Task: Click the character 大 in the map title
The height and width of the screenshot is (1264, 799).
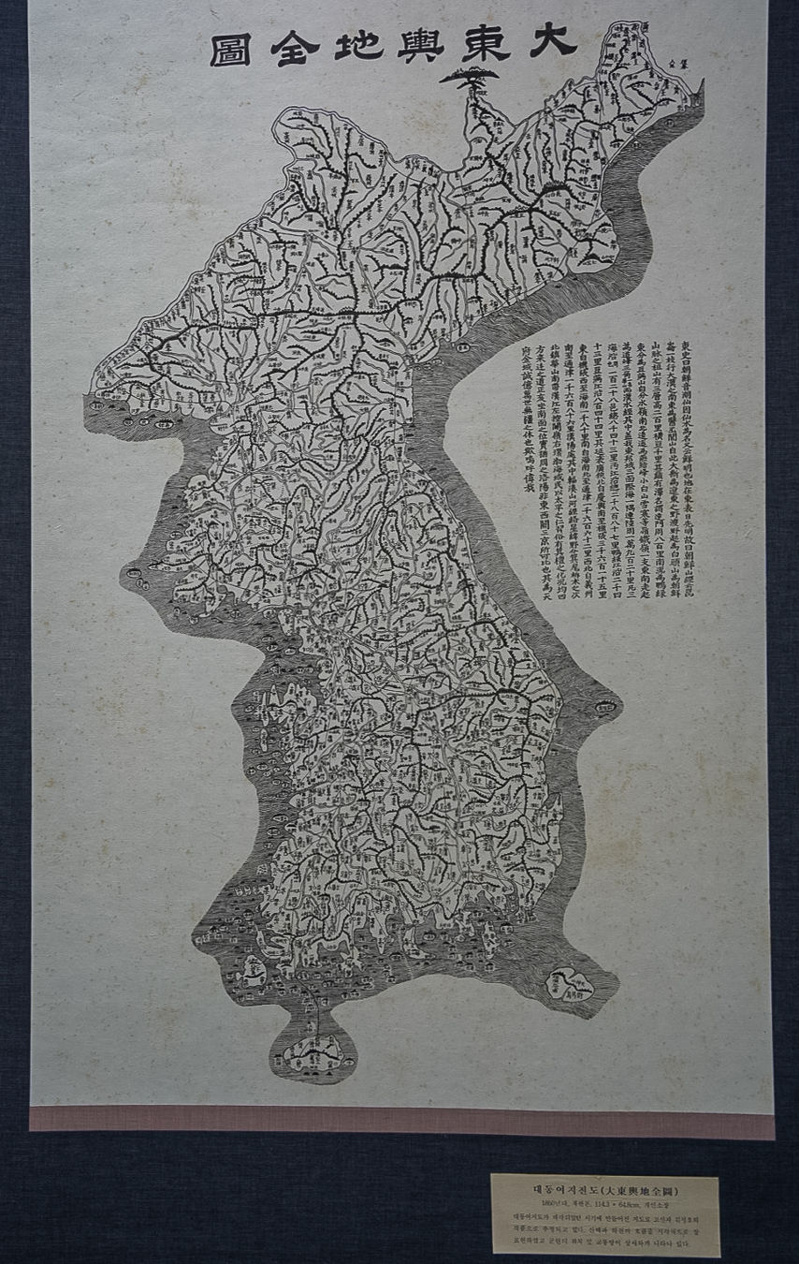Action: click(x=553, y=41)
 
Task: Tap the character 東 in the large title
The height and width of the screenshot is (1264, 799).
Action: click(x=485, y=43)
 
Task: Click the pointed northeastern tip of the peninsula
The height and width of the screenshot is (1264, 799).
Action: click(x=699, y=89)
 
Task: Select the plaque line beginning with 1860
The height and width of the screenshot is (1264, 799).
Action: click(x=603, y=1202)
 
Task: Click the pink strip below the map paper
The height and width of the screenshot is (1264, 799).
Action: click(x=402, y=1121)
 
